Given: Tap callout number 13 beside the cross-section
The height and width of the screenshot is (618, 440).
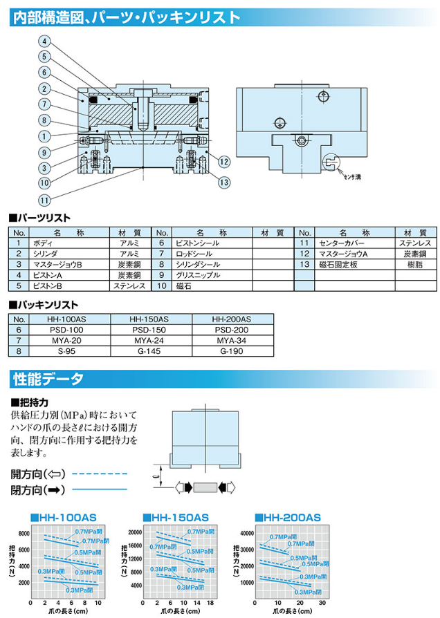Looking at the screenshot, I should (x=223, y=182).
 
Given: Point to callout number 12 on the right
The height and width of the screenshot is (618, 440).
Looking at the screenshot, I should (x=223, y=161).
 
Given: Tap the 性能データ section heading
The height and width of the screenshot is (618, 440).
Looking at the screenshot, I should (x=48, y=379).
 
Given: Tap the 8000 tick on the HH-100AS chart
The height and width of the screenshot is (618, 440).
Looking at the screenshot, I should (x=24, y=534).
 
